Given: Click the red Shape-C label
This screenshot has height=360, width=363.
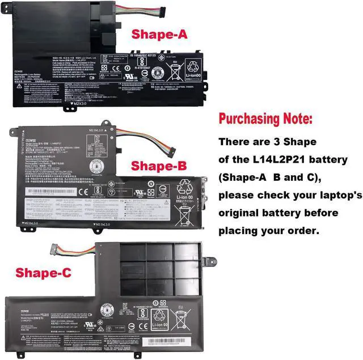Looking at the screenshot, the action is click(43, 273).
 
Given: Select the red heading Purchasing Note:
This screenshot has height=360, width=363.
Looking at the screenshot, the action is click(265, 120).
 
